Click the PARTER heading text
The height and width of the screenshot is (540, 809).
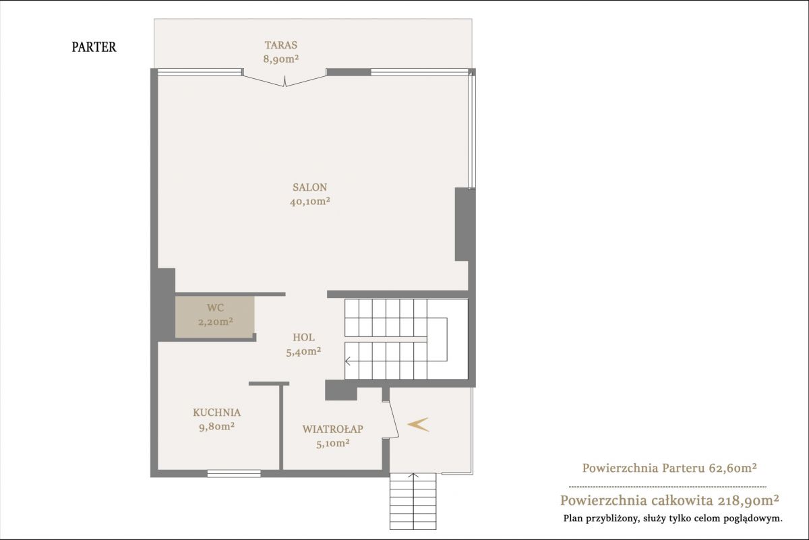94,47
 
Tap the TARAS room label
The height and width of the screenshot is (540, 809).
281,45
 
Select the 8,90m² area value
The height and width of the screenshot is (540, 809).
281,59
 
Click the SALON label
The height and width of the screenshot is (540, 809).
310,187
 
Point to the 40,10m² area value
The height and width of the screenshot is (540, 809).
310,201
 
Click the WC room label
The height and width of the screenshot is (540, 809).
215,307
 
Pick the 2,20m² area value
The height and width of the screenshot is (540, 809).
215,322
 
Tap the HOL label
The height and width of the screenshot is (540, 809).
303,337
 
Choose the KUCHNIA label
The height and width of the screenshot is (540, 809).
216,413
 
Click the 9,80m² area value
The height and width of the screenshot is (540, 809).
216,427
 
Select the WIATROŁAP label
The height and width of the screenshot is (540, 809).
332,429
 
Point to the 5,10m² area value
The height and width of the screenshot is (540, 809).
332,443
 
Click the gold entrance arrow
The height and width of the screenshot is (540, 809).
418,425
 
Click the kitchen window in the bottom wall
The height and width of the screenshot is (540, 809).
234,473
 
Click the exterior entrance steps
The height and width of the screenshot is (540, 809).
413,502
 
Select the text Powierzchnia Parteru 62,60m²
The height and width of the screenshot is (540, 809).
669,468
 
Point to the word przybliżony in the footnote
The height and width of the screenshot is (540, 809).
609,519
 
